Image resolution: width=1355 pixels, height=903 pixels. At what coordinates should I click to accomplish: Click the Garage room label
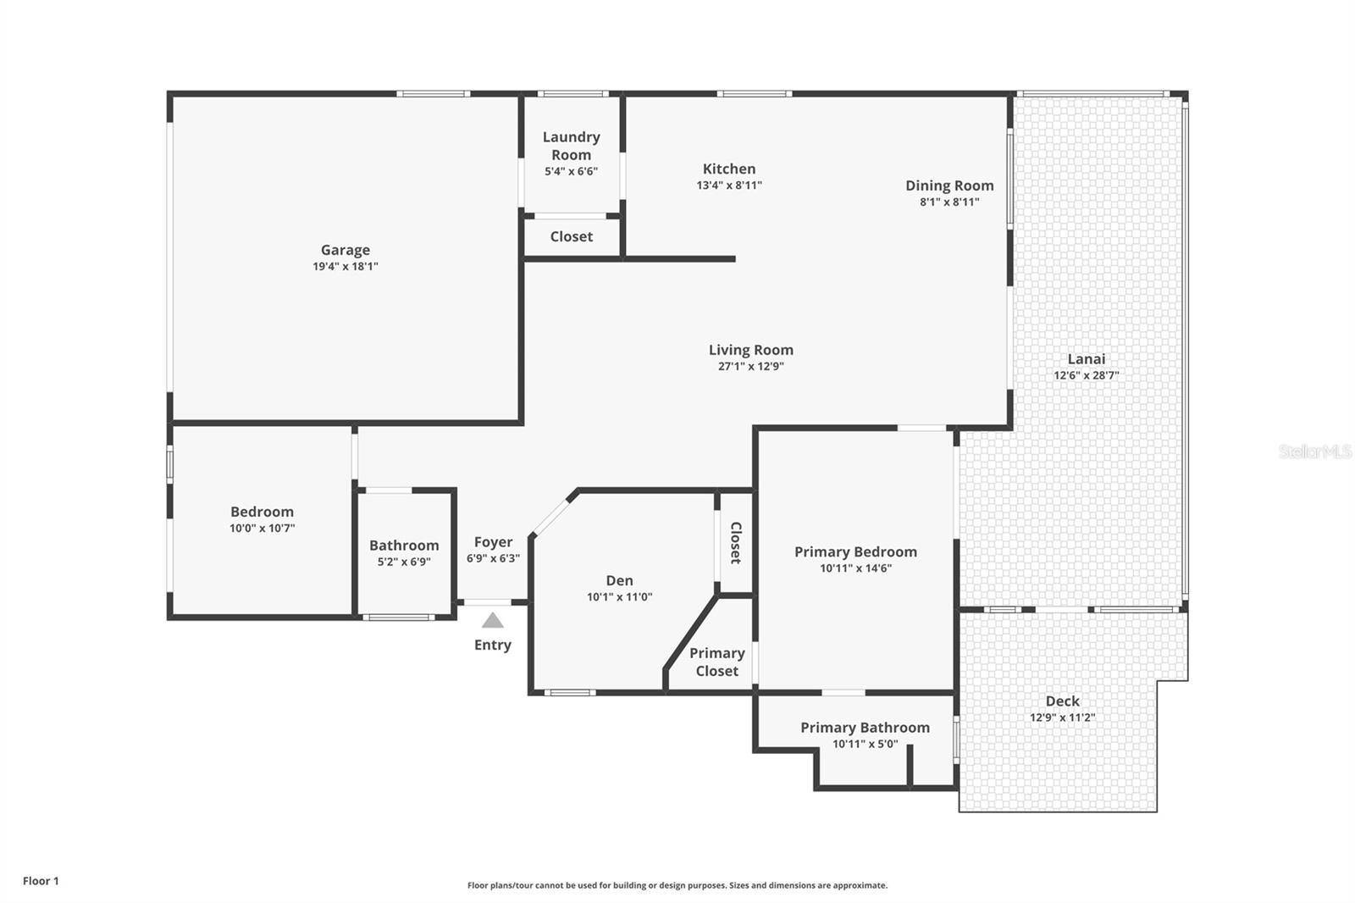point(345,250)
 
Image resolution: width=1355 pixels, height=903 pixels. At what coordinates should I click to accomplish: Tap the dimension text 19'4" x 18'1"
point(345,266)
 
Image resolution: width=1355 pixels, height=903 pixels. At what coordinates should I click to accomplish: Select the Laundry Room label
point(571,146)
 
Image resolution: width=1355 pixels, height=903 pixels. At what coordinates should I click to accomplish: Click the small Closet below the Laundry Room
point(571,236)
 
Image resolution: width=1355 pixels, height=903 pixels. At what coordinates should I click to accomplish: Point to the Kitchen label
point(728,169)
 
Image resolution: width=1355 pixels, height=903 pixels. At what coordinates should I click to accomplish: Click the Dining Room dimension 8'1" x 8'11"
point(949,202)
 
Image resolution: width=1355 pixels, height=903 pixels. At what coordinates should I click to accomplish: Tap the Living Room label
point(750,350)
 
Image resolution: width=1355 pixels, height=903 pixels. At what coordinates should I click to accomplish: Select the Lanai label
point(1086,358)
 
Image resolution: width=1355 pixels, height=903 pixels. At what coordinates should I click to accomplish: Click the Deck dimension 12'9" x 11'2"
point(1062,717)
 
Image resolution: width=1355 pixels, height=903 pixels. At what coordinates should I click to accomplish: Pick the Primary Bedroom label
point(855,551)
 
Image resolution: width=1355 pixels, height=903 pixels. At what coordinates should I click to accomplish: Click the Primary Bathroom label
point(865,728)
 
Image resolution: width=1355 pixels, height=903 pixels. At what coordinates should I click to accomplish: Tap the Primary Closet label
point(716,662)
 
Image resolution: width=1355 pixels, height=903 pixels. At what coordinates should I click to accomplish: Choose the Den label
point(619,580)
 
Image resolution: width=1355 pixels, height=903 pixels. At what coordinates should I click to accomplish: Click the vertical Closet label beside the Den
point(735,543)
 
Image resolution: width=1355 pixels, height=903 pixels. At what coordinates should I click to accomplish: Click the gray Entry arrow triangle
point(492,620)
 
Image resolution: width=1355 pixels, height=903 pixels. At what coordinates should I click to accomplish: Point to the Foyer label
point(493,542)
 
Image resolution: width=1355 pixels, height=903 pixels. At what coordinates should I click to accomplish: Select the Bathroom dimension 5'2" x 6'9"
point(404,562)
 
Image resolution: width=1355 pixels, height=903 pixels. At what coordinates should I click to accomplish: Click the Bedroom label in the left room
point(262,512)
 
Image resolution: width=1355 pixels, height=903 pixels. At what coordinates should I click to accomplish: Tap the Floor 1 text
point(41,881)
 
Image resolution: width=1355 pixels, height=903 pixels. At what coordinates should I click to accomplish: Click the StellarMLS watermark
point(1314,451)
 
